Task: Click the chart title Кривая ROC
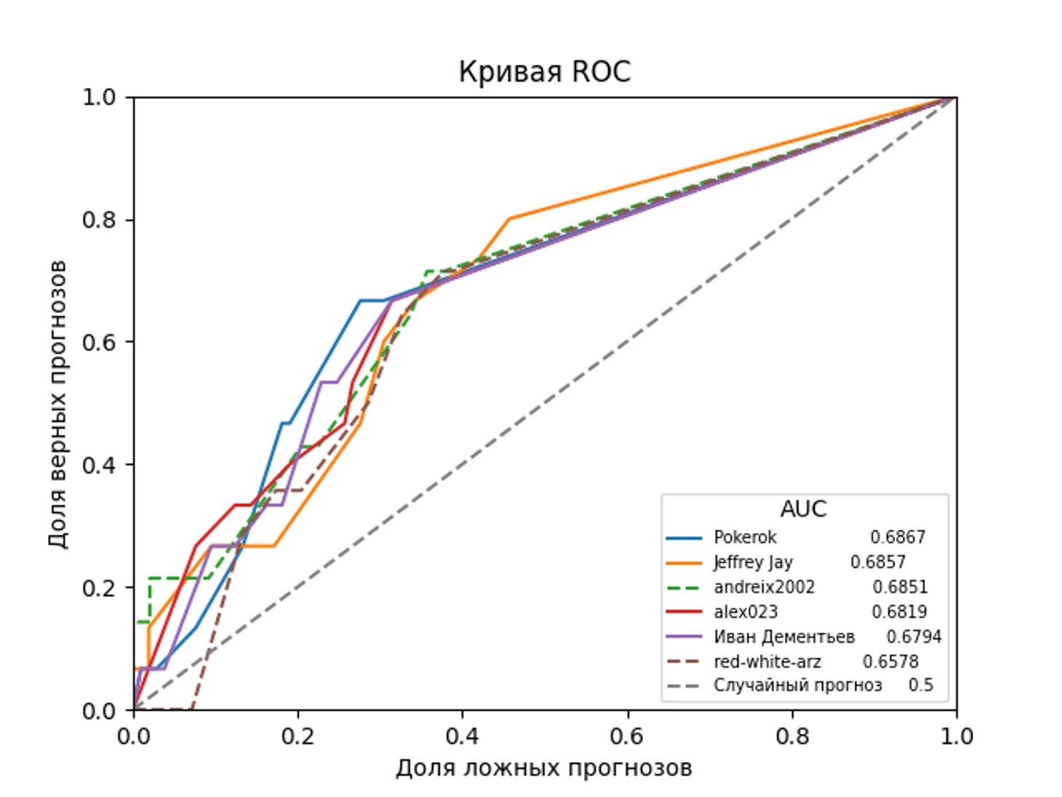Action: pyautogui.click(x=544, y=72)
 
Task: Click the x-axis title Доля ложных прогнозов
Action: pyautogui.click(x=543, y=768)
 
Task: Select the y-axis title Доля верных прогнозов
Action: pyautogui.click(x=57, y=404)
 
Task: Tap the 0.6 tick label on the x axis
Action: pyautogui.click(x=627, y=737)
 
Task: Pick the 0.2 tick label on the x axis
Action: pyautogui.click(x=298, y=737)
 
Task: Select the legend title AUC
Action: pyautogui.click(x=804, y=509)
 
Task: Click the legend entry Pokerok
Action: pyautogui.click(x=745, y=537)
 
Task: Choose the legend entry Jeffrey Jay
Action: pyautogui.click(x=753, y=562)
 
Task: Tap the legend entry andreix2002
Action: pyautogui.click(x=764, y=587)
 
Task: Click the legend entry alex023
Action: pyautogui.click(x=746, y=611)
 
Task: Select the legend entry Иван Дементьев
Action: pyautogui.click(x=784, y=637)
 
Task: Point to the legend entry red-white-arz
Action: pyautogui.click(x=767, y=662)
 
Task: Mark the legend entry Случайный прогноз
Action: pyautogui.click(x=797, y=686)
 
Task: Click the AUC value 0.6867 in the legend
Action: pyautogui.click(x=898, y=537)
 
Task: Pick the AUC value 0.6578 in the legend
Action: pyautogui.click(x=890, y=662)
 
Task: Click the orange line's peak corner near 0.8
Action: pyautogui.click(x=510, y=218)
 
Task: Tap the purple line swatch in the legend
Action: pyautogui.click(x=684, y=637)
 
